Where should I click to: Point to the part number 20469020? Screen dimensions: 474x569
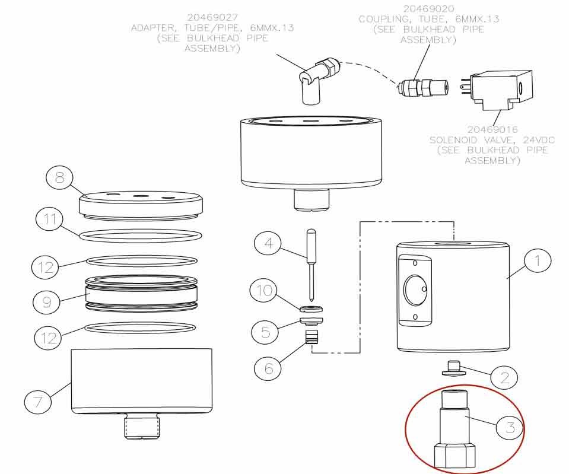[428, 9]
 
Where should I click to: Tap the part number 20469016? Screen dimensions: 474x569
[492, 129]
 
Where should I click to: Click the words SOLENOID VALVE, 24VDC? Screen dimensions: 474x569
[492, 140]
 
